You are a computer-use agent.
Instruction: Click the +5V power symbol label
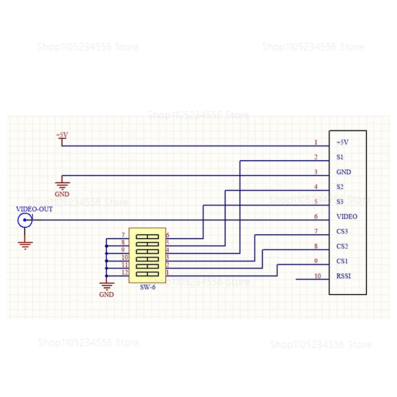point(62,134)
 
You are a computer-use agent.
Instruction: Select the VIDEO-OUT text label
point(34,209)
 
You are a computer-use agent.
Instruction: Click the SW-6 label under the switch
point(147,287)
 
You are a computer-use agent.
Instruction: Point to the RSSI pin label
point(343,276)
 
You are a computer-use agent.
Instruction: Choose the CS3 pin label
point(342,231)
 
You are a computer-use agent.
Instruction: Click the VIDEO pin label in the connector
point(347,216)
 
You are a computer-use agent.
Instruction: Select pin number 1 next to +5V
point(316,142)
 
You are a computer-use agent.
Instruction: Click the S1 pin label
point(340,157)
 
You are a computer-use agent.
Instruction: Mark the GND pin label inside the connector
point(343,172)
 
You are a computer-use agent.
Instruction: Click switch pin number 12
point(125,272)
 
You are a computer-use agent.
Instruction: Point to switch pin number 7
point(123,235)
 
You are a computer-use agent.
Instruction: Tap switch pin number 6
point(168,235)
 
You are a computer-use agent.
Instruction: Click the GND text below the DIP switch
point(106,294)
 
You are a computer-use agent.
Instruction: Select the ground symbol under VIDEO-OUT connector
point(25,244)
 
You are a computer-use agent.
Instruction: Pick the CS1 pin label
point(342,261)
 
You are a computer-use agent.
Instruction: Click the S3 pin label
point(340,201)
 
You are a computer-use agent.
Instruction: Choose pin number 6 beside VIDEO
point(316,217)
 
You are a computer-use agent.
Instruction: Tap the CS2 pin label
point(342,246)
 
